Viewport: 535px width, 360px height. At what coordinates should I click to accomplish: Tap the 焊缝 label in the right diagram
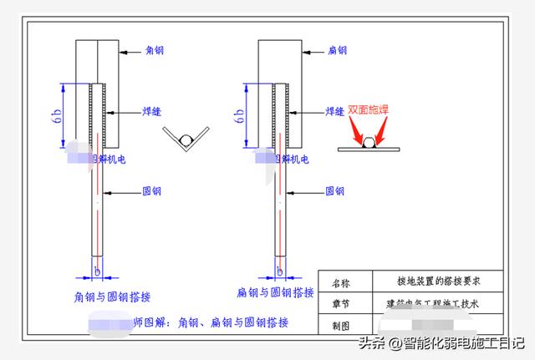click(x=334, y=109)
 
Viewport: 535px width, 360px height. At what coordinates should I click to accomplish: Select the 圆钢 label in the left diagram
click(x=153, y=191)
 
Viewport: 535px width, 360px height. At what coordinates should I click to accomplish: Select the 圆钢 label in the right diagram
click(x=334, y=190)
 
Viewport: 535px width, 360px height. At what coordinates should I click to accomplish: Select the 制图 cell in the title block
click(x=343, y=324)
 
